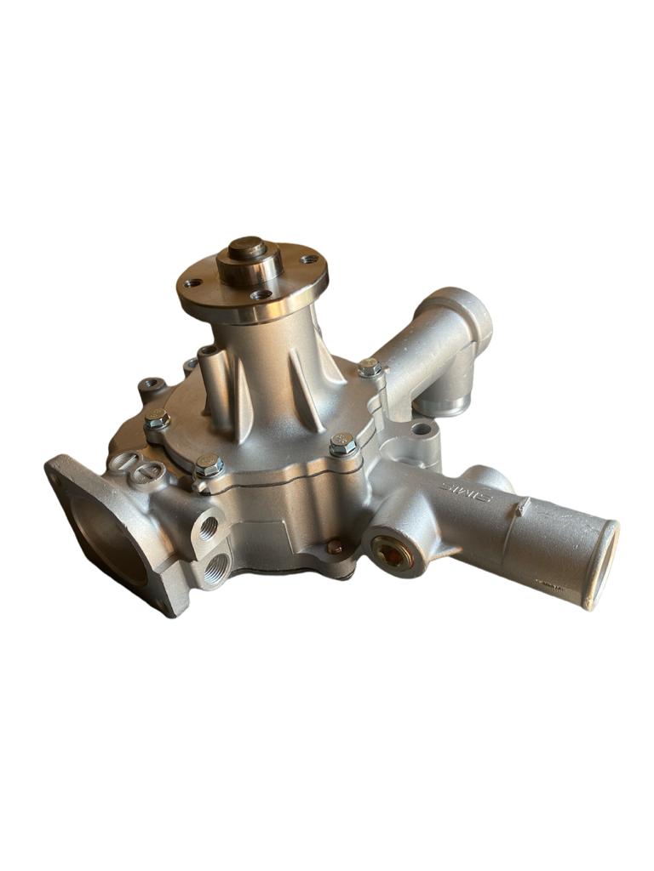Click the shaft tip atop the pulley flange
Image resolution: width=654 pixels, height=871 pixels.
(248, 248)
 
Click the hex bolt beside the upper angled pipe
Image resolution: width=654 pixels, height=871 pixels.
(369, 368)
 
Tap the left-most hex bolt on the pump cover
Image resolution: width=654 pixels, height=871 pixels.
(156, 418)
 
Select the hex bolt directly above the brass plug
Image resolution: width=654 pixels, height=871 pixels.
(342, 444)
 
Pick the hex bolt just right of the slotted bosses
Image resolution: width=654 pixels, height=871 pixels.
(208, 465)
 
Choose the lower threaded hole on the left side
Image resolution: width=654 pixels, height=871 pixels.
(215, 565)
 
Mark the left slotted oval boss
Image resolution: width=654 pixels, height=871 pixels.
(123, 463)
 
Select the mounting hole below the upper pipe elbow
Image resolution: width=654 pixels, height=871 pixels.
(420, 428)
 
